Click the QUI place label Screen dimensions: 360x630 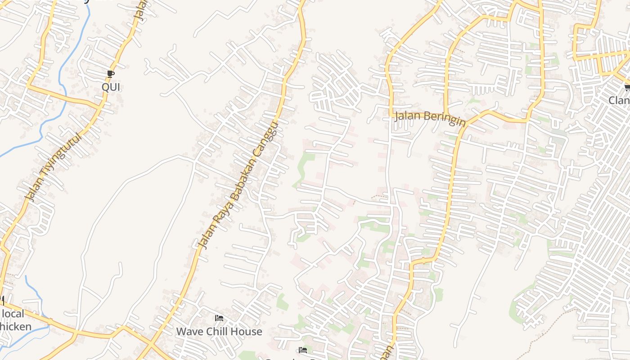pyautogui.click(x=111, y=87)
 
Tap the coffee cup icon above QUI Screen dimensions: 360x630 pyautogui.click(x=111, y=74)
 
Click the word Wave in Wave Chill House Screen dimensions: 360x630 pyautogui.click(x=189, y=332)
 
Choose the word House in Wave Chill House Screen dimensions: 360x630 pyautogui.click(x=247, y=332)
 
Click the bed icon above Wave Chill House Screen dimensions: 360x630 pyautogui.click(x=219, y=318)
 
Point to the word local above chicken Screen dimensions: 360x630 pyautogui.click(x=13, y=314)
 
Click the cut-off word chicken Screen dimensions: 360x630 pyautogui.click(x=16, y=326)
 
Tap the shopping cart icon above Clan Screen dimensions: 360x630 pyautogui.click(x=627, y=87)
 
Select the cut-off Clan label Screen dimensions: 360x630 pyautogui.click(x=620, y=100)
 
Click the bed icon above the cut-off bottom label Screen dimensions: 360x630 pyautogui.click(x=303, y=350)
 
